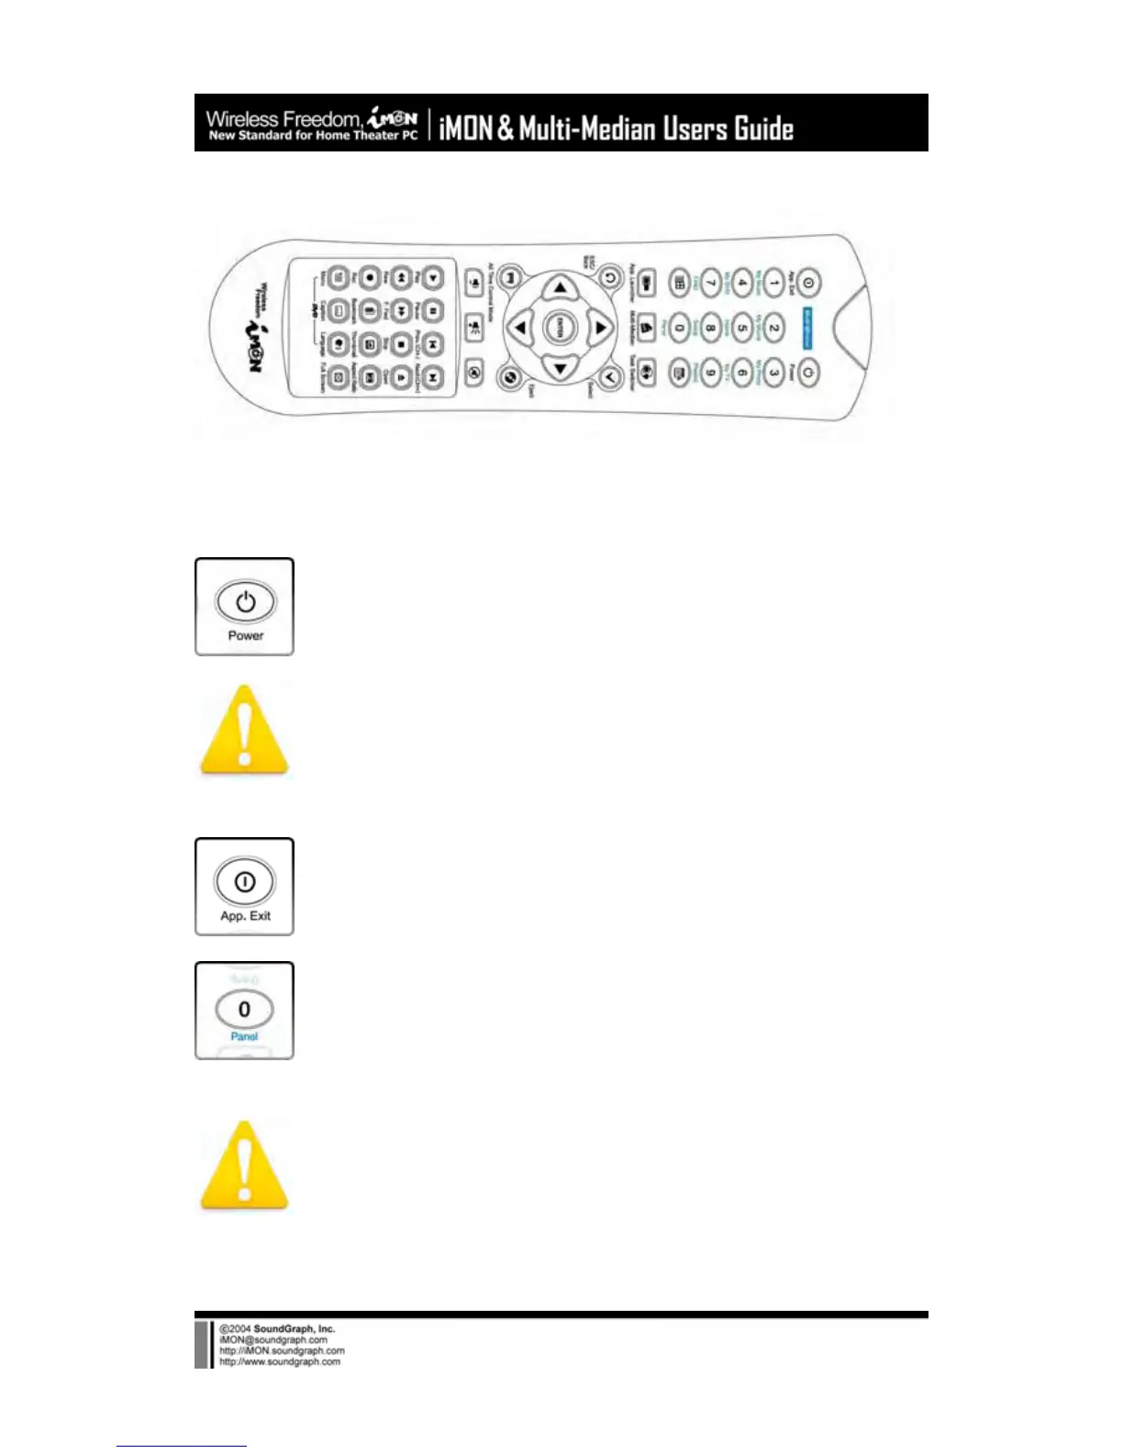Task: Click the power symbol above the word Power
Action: (x=245, y=601)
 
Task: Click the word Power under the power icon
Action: (x=245, y=635)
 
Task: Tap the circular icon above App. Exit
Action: (x=245, y=881)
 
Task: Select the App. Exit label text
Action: (x=245, y=916)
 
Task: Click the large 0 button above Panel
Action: (x=244, y=1009)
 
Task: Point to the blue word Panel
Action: (x=244, y=1036)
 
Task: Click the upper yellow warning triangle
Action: (x=244, y=730)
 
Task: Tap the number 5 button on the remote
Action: (x=742, y=327)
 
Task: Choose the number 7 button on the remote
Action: (x=710, y=284)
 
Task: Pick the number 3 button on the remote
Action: (x=773, y=373)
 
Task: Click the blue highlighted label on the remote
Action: (x=807, y=328)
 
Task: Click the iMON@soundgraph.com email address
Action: (x=272, y=1339)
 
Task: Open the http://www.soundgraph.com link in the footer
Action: (x=279, y=1361)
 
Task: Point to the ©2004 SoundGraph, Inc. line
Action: (x=277, y=1328)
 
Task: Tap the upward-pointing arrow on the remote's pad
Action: (x=559, y=287)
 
